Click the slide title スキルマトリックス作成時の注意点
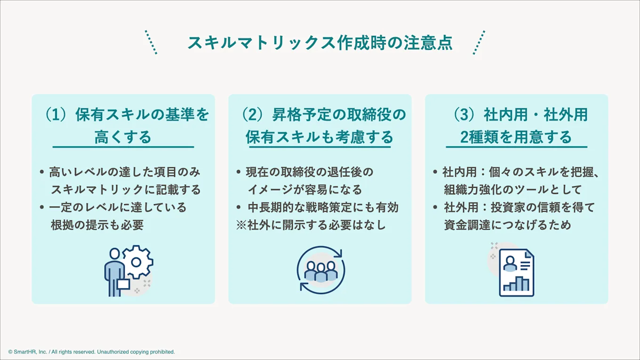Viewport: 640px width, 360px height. tap(320, 43)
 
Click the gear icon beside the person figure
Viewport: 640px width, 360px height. tap(137, 262)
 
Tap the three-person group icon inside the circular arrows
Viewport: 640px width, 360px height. tap(321, 272)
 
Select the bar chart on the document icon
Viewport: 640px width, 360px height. tap(516, 284)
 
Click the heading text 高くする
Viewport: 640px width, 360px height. tap(123, 137)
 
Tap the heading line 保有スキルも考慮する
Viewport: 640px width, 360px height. tap(320, 137)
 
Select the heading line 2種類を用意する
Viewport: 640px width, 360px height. tap(516, 137)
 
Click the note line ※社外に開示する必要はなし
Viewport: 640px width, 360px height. tap(311, 225)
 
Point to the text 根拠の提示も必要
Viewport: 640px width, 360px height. tap(97, 225)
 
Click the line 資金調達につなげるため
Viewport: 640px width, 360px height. tap(507, 225)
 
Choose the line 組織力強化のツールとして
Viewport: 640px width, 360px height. tap(513, 190)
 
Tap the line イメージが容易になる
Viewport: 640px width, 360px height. tap(305, 190)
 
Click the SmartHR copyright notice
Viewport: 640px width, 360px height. tap(91, 352)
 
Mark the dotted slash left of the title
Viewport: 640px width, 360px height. tap(151, 42)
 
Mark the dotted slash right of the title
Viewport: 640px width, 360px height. tap(479, 42)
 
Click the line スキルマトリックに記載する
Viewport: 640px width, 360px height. tap(126, 190)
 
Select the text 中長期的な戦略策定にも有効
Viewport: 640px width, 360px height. tap(323, 208)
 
